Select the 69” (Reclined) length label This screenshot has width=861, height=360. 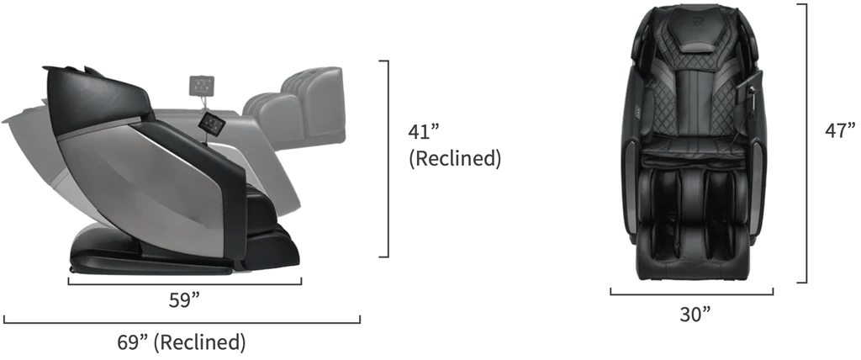pos(182,342)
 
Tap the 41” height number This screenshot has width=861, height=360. pos(425,134)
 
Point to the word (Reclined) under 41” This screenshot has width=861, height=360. pos(454,158)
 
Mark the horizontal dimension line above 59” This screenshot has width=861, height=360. pos(184,283)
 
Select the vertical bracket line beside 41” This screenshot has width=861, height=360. pos(388,158)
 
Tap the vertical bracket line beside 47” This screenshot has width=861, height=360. pos(806,143)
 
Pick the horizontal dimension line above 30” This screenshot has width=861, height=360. pos(691,294)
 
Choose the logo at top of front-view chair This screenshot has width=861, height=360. pos(692,15)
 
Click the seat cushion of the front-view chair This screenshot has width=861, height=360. pos(692,151)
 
